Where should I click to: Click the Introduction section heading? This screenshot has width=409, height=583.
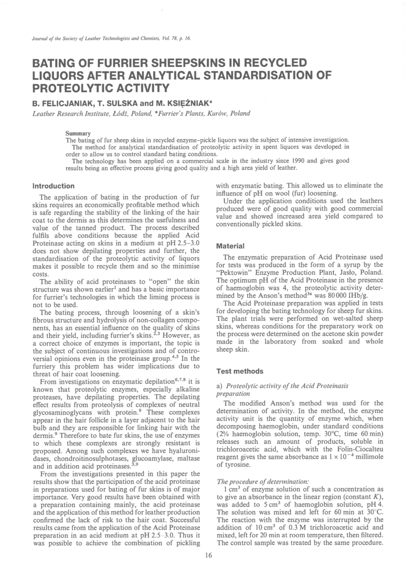(x=53, y=186)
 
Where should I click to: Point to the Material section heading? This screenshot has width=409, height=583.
(x=230, y=246)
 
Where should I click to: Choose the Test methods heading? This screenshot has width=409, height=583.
(x=240, y=371)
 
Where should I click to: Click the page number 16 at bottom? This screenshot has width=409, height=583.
(x=208, y=555)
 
